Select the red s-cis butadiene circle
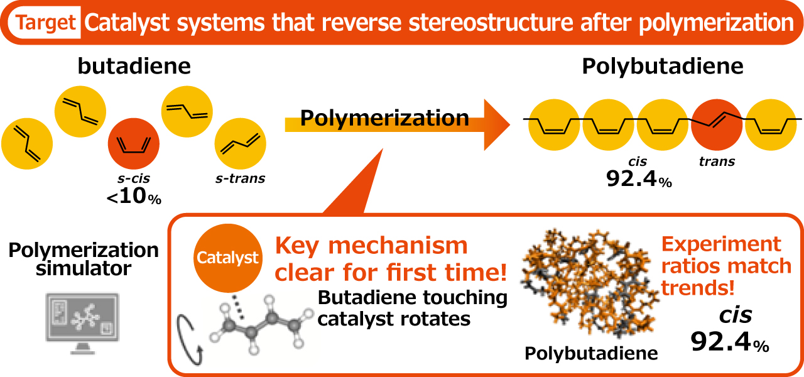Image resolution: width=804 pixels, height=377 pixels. click(134, 143)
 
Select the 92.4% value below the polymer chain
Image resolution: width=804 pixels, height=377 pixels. click(639, 181)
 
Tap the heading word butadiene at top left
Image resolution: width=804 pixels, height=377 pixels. click(134, 66)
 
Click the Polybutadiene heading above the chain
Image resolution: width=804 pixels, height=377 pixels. click(662, 66)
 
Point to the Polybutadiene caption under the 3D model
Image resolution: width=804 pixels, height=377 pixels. click(591, 353)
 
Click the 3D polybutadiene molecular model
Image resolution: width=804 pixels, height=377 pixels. click(587, 283)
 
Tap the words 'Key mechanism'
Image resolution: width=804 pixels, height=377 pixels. click(371, 244)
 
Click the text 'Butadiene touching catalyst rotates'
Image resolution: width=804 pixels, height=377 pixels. click(412, 308)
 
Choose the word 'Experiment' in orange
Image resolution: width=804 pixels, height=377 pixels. click(720, 244)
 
